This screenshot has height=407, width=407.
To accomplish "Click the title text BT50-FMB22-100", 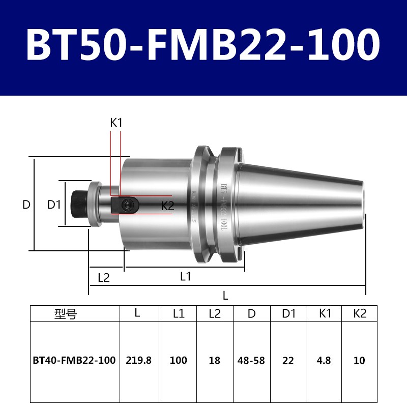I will (x=203, y=45).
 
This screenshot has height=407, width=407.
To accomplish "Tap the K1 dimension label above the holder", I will (x=117, y=123).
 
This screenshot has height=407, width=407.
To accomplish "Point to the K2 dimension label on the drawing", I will (x=167, y=206).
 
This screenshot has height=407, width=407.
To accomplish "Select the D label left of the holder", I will (x=26, y=205).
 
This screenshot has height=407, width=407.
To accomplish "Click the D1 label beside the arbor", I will (x=54, y=205).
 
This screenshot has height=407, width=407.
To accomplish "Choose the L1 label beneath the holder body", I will (x=185, y=276).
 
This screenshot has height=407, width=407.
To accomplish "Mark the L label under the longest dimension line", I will (x=225, y=296).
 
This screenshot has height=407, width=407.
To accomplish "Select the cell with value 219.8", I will (x=139, y=361).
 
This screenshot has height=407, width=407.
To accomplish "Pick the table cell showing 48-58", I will (x=251, y=361).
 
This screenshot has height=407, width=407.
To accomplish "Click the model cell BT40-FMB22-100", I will (x=75, y=361).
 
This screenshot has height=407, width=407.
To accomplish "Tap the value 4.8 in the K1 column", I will (x=324, y=361).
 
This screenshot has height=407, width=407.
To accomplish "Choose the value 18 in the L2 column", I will (x=215, y=361).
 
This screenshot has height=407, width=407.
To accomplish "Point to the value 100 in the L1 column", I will (x=178, y=361).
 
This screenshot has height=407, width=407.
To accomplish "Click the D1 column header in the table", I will (x=288, y=314).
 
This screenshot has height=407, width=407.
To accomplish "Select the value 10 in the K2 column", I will (x=360, y=361).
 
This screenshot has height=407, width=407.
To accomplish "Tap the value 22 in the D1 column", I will (x=288, y=361).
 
